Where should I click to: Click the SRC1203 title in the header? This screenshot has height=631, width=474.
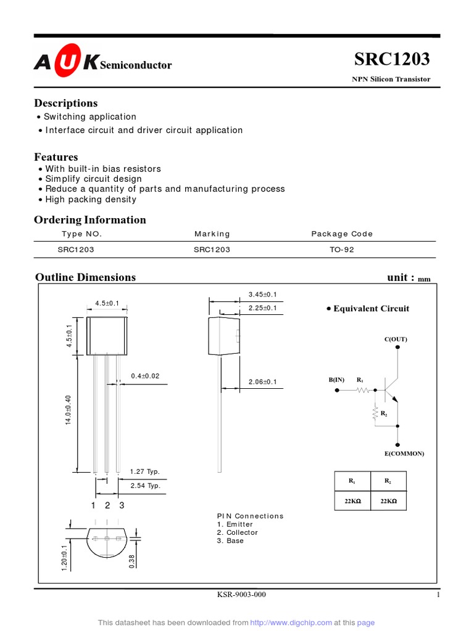point(392,60)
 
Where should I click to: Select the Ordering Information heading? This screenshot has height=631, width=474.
point(90,220)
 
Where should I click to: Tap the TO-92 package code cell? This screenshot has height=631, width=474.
point(342,250)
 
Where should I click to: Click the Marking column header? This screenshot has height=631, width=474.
point(212,234)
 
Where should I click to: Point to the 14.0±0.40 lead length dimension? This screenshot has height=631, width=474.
point(69,410)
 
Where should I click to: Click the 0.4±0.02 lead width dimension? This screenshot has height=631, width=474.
point(145,376)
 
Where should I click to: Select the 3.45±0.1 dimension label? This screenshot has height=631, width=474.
point(262,294)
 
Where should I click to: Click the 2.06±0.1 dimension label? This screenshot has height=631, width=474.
point(262,382)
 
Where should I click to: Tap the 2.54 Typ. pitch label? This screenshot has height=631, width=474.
point(145,486)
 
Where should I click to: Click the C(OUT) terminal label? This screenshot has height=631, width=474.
point(396,340)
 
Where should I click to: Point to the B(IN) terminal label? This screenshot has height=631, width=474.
point(336,380)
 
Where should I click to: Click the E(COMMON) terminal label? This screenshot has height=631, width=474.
point(404,454)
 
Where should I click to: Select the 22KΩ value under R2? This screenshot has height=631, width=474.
point(388,502)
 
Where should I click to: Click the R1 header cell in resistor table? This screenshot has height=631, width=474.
point(352,481)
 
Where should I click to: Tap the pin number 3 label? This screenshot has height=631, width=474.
point(122,506)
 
